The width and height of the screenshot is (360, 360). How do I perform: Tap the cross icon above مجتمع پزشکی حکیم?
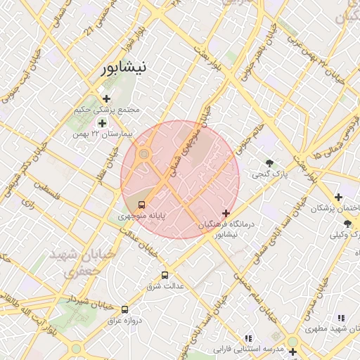click(x=106, y=98)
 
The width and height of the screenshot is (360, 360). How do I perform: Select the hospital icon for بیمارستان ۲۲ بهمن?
click(x=102, y=123)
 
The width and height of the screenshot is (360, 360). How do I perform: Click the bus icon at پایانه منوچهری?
click(x=143, y=205)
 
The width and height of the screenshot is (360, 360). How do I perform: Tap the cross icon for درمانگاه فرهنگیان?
click(x=226, y=213)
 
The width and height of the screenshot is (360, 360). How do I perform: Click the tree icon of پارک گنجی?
click(x=269, y=162)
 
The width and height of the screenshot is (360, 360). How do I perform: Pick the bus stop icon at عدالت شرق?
click(x=165, y=275)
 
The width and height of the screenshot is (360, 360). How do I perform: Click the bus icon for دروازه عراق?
click(x=125, y=309)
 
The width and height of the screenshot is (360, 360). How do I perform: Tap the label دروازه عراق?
click(x=124, y=320)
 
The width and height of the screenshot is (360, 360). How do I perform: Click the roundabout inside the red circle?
click(x=143, y=153)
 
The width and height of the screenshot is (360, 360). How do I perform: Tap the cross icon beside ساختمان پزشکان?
click(x=339, y=197)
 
